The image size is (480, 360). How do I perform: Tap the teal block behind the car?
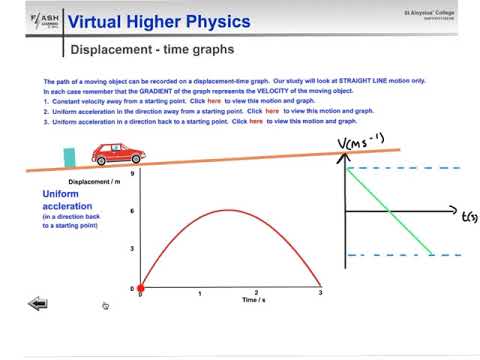point(70,159)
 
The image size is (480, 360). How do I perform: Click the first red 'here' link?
point(214,101)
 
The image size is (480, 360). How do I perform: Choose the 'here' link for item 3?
point(257,120)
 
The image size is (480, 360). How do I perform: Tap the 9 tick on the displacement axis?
point(133,173)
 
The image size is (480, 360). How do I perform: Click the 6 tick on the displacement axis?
point(133,211)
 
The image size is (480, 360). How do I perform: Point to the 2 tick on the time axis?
point(258,293)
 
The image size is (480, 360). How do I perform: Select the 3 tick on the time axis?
point(319,293)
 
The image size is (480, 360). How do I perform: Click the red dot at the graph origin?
point(140,289)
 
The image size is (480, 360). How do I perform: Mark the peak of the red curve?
point(229,209)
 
